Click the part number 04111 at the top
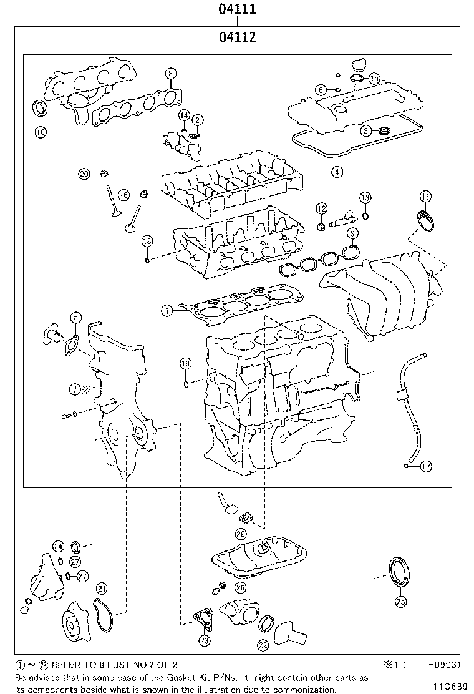point(237,9)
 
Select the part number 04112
point(237,37)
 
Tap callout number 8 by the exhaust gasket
point(170,74)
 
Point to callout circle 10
point(40,132)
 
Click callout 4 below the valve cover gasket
point(337,172)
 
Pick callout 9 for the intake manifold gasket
point(352,233)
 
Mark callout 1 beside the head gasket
point(166,309)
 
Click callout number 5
point(74,318)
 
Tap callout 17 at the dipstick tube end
point(426,466)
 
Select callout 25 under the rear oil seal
point(401,602)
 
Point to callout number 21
point(102,588)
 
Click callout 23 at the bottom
point(205,640)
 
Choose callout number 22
point(263,645)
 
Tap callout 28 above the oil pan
point(241,534)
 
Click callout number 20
point(85,173)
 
